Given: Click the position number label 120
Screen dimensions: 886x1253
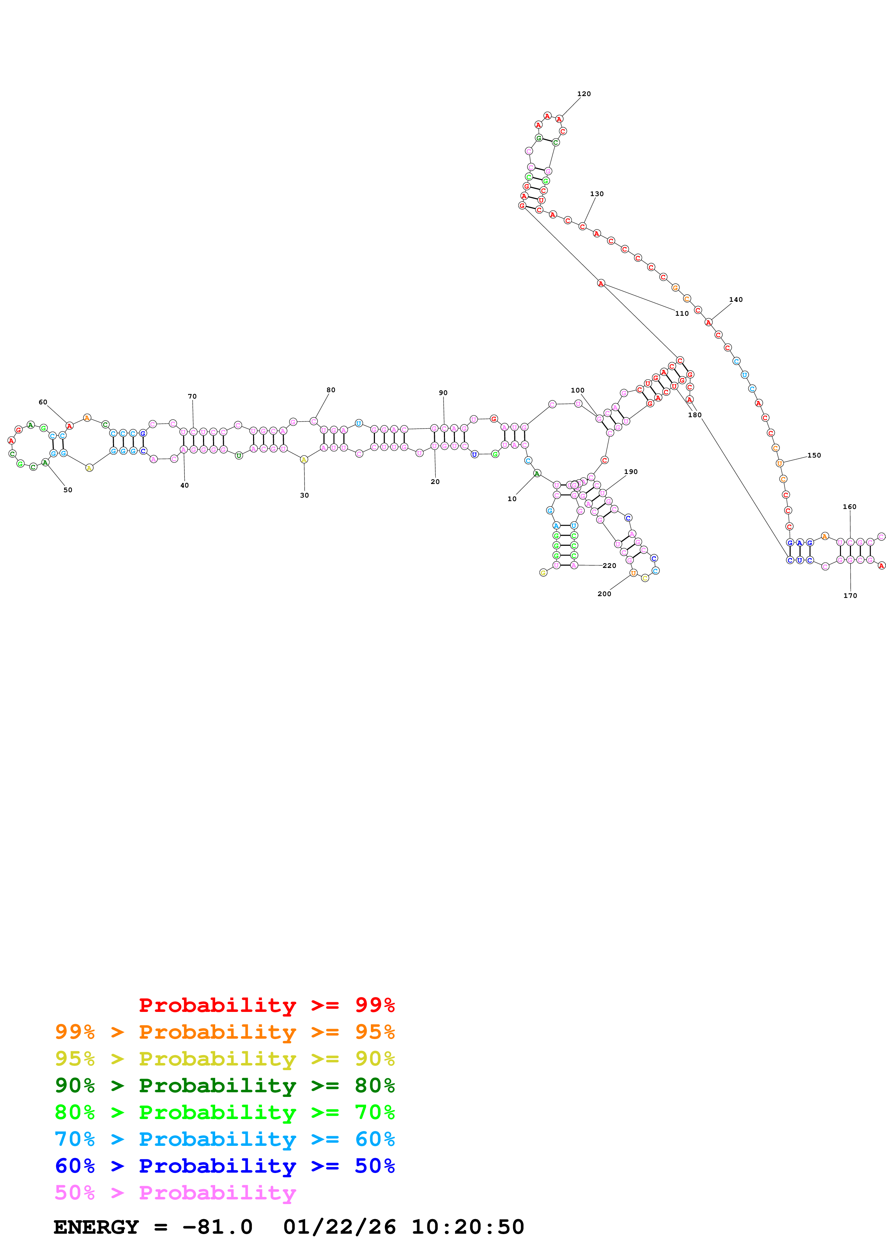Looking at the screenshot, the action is click(x=584, y=94).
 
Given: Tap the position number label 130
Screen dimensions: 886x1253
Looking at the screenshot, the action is click(x=597, y=194).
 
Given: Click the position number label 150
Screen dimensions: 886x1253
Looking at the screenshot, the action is click(x=813, y=455).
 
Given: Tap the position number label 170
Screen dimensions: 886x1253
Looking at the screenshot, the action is click(x=850, y=595).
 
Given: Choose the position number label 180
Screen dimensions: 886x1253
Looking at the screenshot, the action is click(x=694, y=415).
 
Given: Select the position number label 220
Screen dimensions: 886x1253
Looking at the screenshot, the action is click(x=609, y=565).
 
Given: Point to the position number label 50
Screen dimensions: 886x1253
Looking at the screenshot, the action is click(x=68, y=490).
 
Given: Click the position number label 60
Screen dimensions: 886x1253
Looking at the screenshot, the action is click(x=43, y=402).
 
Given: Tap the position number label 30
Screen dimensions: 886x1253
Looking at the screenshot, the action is click(x=304, y=495).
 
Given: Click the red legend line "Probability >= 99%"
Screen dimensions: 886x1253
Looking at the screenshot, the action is click(x=266, y=1005).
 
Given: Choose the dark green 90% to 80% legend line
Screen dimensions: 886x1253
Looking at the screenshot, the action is click(x=224, y=1085).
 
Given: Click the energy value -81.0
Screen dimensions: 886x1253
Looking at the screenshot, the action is click(x=217, y=1227).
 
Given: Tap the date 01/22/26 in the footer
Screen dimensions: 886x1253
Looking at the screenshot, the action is click(x=339, y=1227).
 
